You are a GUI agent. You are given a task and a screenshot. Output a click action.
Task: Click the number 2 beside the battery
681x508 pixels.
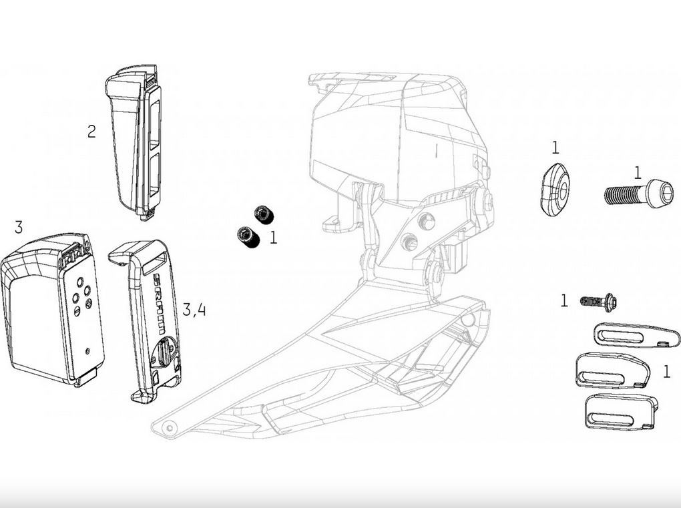click(x=91, y=131)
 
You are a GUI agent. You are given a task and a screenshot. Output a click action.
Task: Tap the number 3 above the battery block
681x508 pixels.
click(x=18, y=227)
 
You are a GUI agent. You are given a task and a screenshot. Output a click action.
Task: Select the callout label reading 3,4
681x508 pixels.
click(x=194, y=310)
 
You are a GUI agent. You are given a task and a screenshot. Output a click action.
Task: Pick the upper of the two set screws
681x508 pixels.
click(x=264, y=214)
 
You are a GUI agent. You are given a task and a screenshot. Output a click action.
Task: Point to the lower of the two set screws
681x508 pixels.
click(x=248, y=237)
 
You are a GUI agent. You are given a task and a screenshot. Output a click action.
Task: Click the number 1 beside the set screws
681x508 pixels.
click(x=273, y=238)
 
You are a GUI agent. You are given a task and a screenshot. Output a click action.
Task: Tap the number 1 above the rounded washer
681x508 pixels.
click(x=555, y=148)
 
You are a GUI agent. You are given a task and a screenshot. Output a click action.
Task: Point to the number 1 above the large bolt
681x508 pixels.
click(x=637, y=174)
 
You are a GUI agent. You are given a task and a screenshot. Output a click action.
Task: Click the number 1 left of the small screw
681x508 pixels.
click(x=563, y=300)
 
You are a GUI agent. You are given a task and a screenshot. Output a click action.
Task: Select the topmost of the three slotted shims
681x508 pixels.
click(x=636, y=334)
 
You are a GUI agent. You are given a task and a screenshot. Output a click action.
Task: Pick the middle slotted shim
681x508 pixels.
click(x=613, y=370)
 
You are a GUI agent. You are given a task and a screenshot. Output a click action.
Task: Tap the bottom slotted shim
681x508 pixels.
click(x=621, y=412)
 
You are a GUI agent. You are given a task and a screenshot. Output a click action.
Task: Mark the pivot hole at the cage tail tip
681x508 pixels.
click(x=169, y=428)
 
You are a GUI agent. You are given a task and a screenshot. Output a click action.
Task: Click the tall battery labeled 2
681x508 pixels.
click(x=134, y=142)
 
